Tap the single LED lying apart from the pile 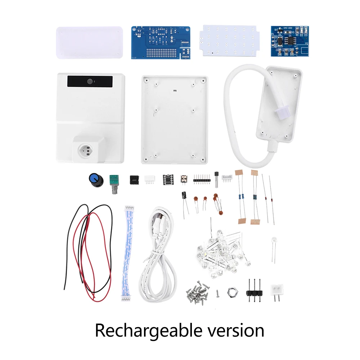click(x=274, y=240)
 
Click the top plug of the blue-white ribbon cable click(x=129, y=209)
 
